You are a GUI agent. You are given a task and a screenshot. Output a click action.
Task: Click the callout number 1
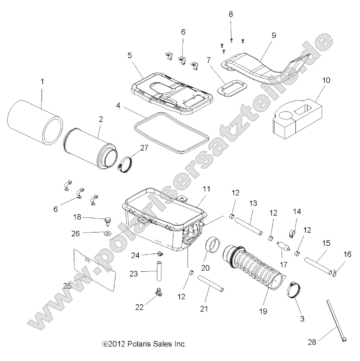point(42,82)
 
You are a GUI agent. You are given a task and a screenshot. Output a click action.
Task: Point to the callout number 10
point(326,80)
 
